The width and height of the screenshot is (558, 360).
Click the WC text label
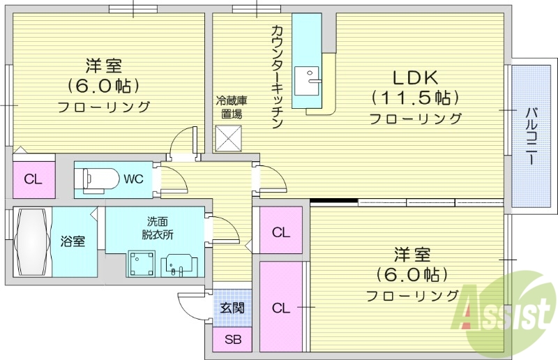(133, 179)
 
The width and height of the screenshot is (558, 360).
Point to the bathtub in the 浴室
(31, 242)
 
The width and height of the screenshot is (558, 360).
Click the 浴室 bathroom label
(73, 241)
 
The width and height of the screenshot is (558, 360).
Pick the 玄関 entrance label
(232, 307)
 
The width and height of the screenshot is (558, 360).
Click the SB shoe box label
(233, 340)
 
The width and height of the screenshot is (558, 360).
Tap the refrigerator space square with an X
(228, 137)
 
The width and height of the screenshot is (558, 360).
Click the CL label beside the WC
(33, 179)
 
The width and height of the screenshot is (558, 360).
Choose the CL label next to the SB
(281, 307)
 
